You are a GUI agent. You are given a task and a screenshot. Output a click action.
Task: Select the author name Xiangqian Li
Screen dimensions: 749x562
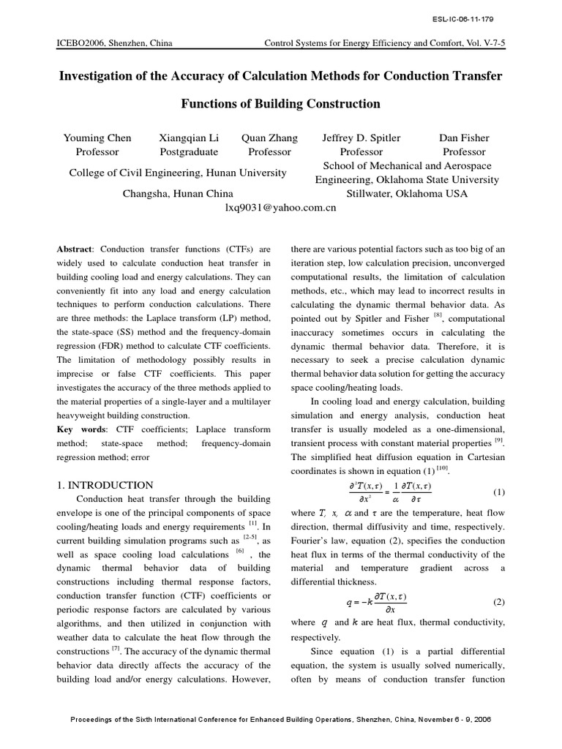[188, 138]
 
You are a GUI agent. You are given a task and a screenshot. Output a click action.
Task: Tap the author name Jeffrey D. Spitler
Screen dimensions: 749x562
[361, 138]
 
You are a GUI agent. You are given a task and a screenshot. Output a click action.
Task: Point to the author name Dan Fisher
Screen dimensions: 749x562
[464, 138]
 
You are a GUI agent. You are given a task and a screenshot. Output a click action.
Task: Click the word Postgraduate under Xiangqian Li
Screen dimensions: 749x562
[189, 152]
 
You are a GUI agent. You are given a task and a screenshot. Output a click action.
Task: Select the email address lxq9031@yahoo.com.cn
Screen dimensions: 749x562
[280, 208]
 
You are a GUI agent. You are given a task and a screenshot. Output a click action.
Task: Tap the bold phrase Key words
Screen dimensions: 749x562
[80, 429]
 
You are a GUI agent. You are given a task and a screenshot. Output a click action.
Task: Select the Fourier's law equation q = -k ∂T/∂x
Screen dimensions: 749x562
[375, 602]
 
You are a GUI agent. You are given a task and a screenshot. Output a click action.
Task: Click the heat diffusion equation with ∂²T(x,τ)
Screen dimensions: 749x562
[375, 492]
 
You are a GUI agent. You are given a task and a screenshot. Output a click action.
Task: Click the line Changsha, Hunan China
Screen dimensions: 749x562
[176, 194]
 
